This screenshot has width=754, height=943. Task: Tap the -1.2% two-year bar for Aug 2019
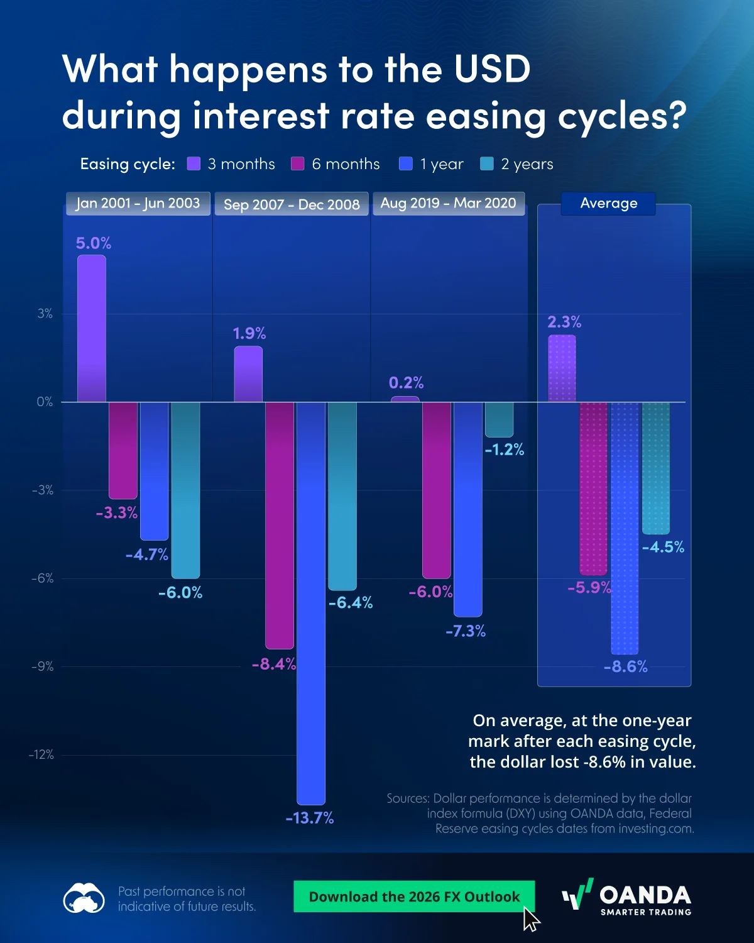[499, 419]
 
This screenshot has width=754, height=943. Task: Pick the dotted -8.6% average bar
[625, 528]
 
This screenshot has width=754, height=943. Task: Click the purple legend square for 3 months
[194, 164]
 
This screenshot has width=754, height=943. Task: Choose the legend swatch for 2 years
[487, 164]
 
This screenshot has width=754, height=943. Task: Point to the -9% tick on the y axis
[43, 666]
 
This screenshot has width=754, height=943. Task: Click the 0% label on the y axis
[45, 402]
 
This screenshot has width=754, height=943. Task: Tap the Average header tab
[608, 203]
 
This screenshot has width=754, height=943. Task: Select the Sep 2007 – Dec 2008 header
[292, 204]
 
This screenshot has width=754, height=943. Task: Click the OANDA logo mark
[577, 894]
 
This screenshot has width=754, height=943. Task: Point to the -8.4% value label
[273, 664]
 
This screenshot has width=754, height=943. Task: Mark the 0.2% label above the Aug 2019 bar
[406, 382]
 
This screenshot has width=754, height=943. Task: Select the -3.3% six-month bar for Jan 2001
[123, 450]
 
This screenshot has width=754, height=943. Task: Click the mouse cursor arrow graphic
[531, 918]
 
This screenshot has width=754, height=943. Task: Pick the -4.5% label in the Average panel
[663, 547]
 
